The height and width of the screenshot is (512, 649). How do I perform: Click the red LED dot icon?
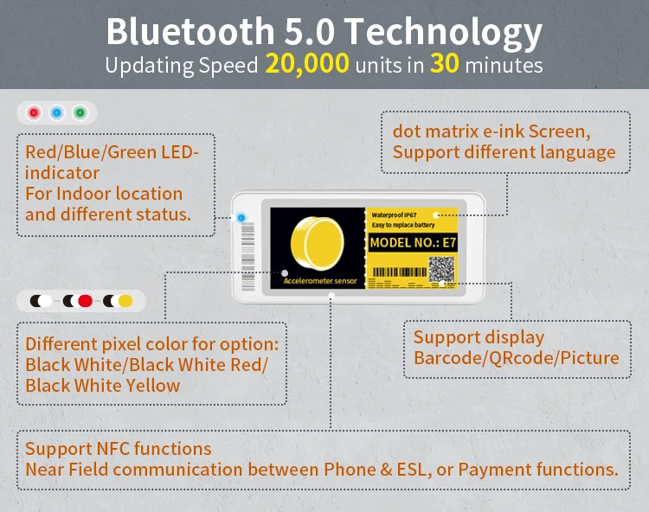pos(34,112)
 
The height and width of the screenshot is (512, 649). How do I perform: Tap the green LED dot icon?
pos(80,112)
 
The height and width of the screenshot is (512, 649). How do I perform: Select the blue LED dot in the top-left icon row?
pos(57,112)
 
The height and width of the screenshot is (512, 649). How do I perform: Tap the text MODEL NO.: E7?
pos(413,243)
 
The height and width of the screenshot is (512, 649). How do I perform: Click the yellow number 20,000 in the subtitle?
pos(307,64)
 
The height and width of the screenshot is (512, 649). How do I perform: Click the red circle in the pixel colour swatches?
pos(85,301)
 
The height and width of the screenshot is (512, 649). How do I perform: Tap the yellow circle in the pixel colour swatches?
pos(125,301)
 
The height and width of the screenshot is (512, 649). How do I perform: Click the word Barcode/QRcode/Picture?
pos(517,357)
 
